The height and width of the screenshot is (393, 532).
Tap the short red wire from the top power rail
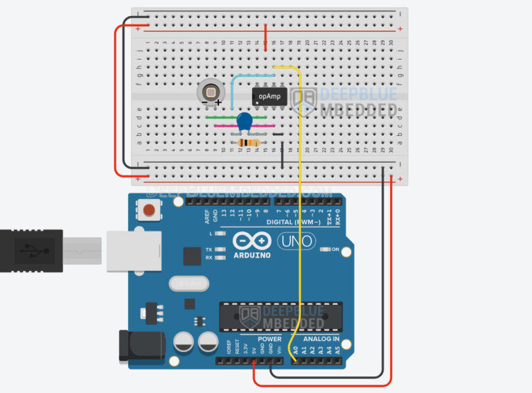[266, 38]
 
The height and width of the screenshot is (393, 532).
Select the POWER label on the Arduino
[270, 339]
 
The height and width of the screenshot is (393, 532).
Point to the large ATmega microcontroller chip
[281, 316]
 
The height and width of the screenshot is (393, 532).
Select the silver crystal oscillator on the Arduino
[188, 284]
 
